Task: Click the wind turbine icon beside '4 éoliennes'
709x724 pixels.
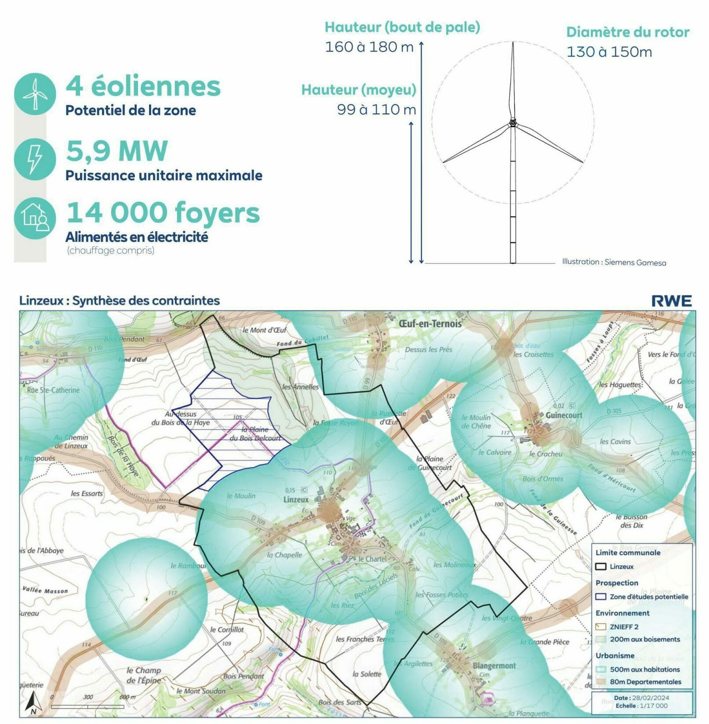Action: pos(35,94)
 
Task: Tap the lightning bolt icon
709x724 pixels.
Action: pos(35,158)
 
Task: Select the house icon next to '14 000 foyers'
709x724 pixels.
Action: pos(35,218)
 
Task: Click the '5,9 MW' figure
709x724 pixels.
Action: pos(117,151)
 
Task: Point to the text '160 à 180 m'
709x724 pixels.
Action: pos(369,47)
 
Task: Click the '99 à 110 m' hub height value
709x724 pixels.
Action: pos(376,109)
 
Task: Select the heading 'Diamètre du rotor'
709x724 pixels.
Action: pos(627,32)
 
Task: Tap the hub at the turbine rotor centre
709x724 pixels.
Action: pos(513,123)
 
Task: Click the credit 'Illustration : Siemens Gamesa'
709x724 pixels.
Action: pos(614,262)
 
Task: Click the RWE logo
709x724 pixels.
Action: pos(671,301)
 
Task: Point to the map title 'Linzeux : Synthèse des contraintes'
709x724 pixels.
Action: pos(120,301)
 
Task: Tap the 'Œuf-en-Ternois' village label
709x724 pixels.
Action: pos(430,324)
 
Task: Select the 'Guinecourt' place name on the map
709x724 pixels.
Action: pos(564,415)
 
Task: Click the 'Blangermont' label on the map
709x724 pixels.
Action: pos(494,666)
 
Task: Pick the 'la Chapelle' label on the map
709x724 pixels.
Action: pos(284,555)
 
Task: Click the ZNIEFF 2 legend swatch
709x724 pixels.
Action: pos(600,627)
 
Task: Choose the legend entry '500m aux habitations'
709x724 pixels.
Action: pos(644,669)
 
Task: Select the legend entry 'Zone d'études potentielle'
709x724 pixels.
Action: pos(648,597)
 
